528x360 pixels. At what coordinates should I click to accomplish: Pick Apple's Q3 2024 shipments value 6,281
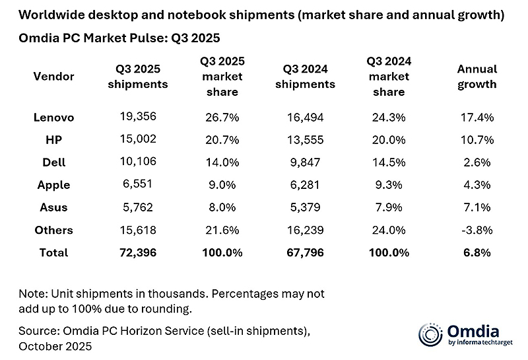coord(305,185)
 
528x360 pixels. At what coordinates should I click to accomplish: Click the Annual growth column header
coord(477,77)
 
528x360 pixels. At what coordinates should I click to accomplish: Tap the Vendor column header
coord(53,77)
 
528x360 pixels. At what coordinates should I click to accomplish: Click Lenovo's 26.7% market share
coord(222,118)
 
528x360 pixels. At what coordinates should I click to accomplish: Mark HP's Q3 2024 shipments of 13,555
coord(305,140)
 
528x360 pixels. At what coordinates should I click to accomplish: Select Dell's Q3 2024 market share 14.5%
coord(389,162)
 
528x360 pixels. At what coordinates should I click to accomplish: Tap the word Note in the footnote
coord(31,293)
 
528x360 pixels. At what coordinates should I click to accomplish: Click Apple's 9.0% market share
coord(222,185)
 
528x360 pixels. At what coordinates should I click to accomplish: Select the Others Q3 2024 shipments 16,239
coord(305,230)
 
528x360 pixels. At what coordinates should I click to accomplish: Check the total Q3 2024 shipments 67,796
coord(305,252)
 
